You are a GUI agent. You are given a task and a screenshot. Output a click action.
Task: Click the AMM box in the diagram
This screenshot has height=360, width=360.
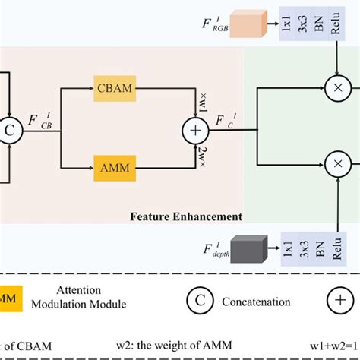[x=115, y=165]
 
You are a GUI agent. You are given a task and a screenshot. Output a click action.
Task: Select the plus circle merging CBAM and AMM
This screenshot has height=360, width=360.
[x=193, y=131]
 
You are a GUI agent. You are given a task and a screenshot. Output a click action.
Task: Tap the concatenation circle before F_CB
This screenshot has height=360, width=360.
[x=10, y=131]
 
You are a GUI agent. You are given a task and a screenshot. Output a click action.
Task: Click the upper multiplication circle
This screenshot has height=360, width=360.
[x=335, y=89]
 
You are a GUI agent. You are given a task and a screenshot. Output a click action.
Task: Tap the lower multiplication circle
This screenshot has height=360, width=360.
[x=335, y=163]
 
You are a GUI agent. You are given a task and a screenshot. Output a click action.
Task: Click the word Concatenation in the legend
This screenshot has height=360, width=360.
[x=256, y=302]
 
